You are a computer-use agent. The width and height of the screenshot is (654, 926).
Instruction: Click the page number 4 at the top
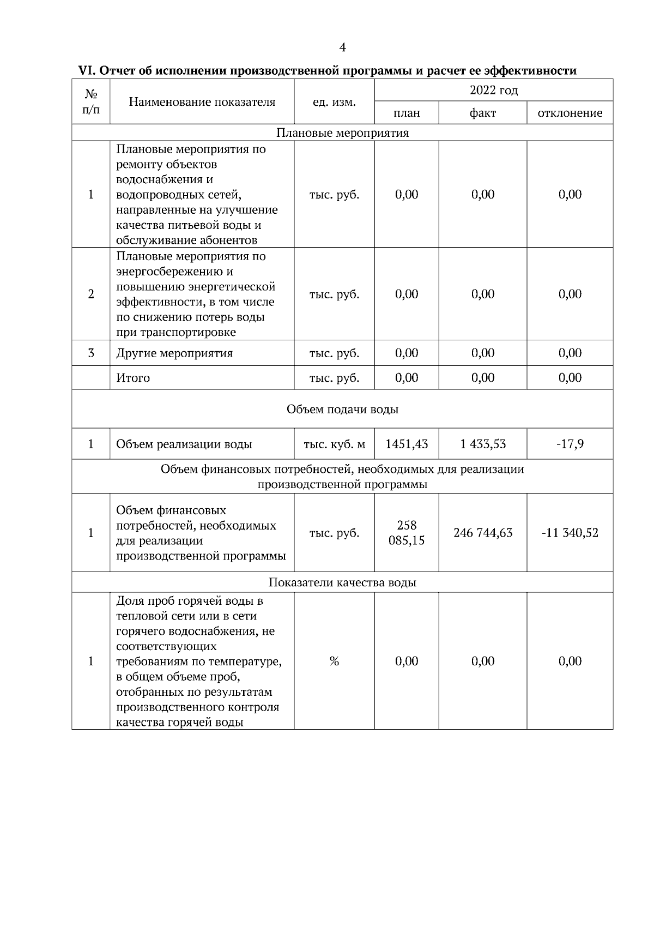[x=342, y=48]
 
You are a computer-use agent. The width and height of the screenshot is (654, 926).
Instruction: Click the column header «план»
[x=407, y=113]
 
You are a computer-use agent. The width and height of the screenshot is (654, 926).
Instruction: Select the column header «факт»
[x=483, y=113]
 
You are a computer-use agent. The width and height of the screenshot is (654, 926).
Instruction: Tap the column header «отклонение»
[x=570, y=113]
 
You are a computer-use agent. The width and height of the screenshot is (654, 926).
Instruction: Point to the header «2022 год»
[x=494, y=90]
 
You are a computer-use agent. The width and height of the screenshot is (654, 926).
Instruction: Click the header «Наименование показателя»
[x=202, y=101]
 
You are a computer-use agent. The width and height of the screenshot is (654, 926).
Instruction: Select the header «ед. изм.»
[x=334, y=101]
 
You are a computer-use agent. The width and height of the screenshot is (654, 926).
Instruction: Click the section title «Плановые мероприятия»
[x=342, y=133]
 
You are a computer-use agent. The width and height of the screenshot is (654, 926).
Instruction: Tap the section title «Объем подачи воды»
[x=342, y=409]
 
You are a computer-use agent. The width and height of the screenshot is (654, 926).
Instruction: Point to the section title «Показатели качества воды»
[x=342, y=582]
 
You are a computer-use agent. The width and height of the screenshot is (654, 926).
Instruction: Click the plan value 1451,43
[x=407, y=444]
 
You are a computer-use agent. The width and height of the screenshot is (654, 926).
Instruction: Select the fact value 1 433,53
[x=483, y=444]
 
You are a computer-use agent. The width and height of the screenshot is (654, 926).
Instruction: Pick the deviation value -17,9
[x=570, y=444]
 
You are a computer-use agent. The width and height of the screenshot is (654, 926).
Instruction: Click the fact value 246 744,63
[x=483, y=533]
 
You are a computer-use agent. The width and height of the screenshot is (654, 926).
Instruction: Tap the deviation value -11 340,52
[x=570, y=533]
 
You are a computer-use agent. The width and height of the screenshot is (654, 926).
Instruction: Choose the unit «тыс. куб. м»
[x=334, y=444]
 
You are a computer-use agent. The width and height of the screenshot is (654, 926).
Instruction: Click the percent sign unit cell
[x=334, y=662]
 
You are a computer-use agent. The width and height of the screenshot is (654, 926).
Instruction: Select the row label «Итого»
[x=133, y=378]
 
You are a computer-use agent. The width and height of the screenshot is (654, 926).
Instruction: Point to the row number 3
[x=91, y=353]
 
